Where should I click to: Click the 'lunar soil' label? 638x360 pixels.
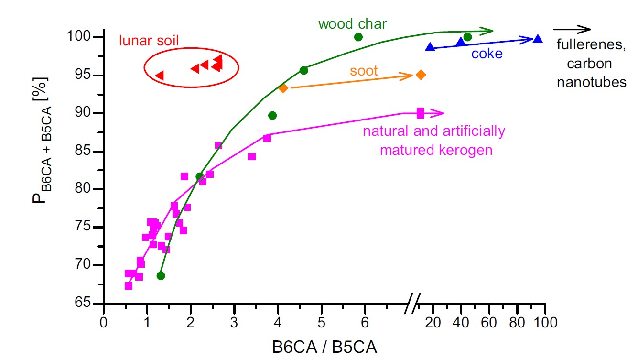[x=148, y=41]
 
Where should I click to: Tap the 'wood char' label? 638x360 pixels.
[x=346, y=24]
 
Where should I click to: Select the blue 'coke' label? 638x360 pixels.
[x=487, y=54]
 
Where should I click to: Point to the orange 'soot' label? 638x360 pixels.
[x=364, y=71]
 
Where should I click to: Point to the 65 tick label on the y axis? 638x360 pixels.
[x=82, y=303]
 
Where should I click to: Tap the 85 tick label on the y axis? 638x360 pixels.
[x=82, y=152]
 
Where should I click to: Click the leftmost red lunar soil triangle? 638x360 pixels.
[x=160, y=75]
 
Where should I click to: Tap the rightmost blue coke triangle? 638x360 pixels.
[x=538, y=39]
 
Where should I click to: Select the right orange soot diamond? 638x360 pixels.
[x=421, y=75]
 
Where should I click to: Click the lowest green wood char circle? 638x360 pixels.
[x=161, y=276]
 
